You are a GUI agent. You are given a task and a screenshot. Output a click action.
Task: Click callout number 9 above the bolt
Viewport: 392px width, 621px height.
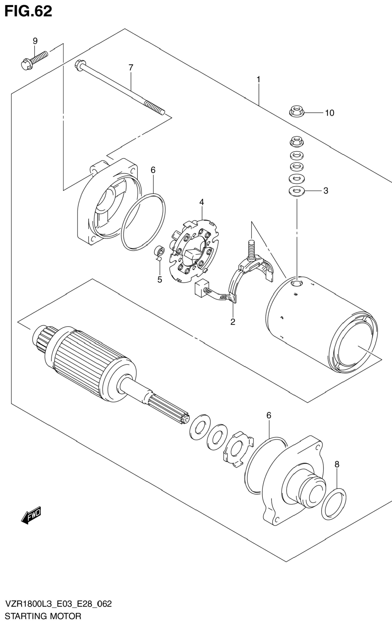[x=35, y=41]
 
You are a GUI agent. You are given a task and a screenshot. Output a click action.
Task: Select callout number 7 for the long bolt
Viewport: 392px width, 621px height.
[x=131, y=67]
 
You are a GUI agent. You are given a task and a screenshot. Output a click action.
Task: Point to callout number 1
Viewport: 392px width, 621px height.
[x=258, y=80]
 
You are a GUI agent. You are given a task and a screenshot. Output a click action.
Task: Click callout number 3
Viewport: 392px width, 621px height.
[x=326, y=191]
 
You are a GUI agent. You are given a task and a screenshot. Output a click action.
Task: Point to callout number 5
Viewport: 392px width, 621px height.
[x=160, y=280]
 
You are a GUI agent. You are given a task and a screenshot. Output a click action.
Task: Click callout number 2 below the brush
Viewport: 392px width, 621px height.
[x=233, y=322]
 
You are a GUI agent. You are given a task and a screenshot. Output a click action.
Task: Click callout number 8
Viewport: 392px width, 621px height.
[x=337, y=464]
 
